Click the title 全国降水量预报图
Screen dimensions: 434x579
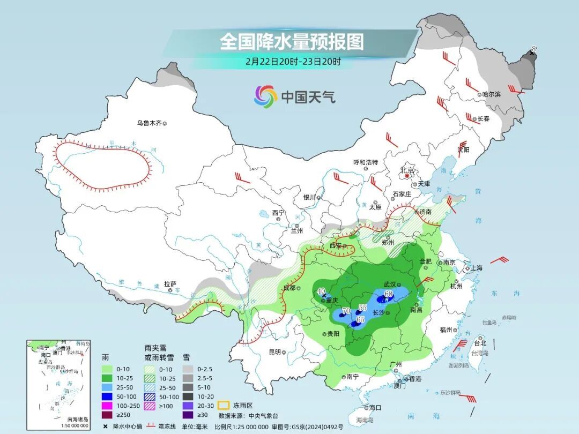click(292, 41)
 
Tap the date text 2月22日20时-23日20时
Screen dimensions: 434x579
click(293, 61)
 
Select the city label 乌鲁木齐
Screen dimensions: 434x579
click(149, 123)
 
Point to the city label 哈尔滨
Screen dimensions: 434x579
click(491, 94)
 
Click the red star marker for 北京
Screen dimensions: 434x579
click(407, 175)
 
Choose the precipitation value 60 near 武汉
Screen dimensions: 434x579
click(389, 293)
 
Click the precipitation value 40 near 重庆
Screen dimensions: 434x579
click(322, 292)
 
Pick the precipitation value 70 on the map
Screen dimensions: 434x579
click(346, 311)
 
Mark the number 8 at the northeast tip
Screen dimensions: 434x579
click(533, 49)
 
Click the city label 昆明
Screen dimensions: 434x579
click(274, 352)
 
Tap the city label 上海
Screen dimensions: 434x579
click(476, 268)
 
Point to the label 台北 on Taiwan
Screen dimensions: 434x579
click(480, 343)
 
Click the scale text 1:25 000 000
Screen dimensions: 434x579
click(249, 426)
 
